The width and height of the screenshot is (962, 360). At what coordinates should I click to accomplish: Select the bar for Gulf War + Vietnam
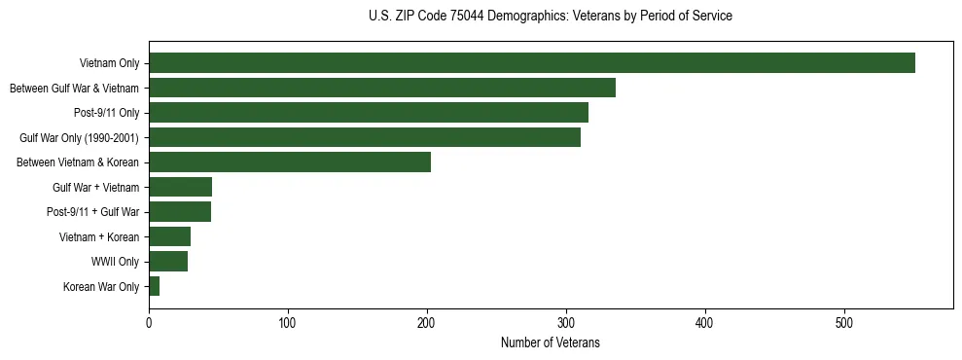[180, 187]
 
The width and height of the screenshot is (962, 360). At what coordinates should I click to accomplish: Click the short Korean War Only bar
[154, 286]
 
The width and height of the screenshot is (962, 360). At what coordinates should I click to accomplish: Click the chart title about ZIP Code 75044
[551, 17]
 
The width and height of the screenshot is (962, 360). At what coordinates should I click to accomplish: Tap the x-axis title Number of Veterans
[551, 343]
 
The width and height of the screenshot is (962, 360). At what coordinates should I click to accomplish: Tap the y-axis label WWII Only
[115, 262]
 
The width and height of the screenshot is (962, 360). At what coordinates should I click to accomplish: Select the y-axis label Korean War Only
[101, 287]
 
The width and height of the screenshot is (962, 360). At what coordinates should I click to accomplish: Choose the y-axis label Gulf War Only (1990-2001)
[79, 138]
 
